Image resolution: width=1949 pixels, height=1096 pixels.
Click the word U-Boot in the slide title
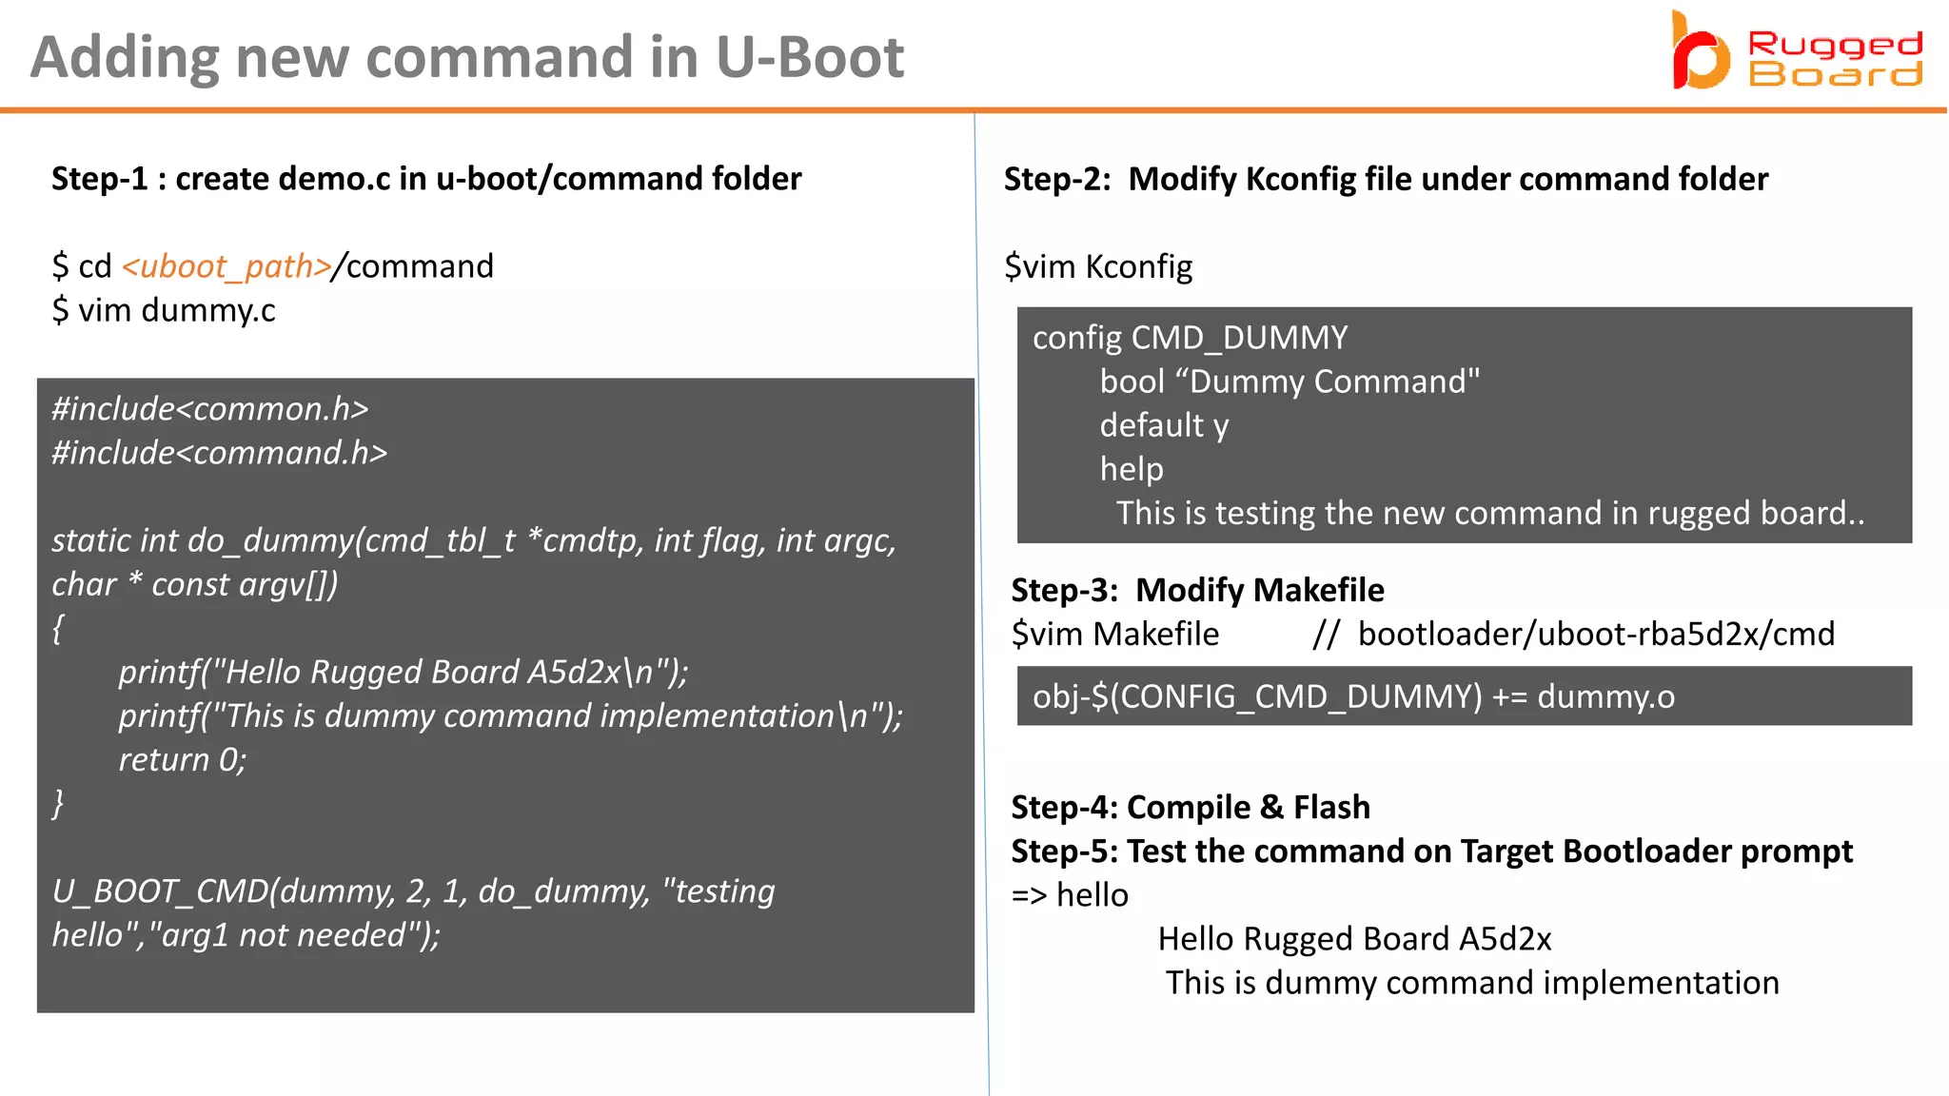pos(809,57)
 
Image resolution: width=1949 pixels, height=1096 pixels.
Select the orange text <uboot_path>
pos(226,266)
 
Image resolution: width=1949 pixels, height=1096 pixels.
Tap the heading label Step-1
pos(100,179)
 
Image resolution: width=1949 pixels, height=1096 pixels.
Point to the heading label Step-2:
pos(1057,179)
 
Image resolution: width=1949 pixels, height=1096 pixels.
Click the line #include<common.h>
pos(210,409)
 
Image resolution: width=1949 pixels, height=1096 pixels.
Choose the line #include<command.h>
pos(220,453)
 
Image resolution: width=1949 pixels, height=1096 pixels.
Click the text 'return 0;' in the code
pos(182,760)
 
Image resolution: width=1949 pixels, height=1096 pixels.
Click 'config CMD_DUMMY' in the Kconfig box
pos(1190,338)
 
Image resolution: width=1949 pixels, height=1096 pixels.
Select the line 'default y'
pos(1164,425)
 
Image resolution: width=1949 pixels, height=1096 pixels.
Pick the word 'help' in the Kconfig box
pos(1132,469)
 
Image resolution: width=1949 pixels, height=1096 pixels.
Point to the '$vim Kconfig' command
pos(1098,266)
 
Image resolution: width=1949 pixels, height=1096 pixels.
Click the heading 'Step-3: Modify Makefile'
pos(1197,590)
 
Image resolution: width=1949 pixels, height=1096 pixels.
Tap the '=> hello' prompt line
pos(1070,895)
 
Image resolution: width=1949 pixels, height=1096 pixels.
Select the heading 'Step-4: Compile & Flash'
pos(1191,808)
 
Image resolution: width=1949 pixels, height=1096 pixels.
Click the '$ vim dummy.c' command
pos(164,310)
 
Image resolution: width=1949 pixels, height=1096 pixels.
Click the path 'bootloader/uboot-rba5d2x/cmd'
pos(1596,634)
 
